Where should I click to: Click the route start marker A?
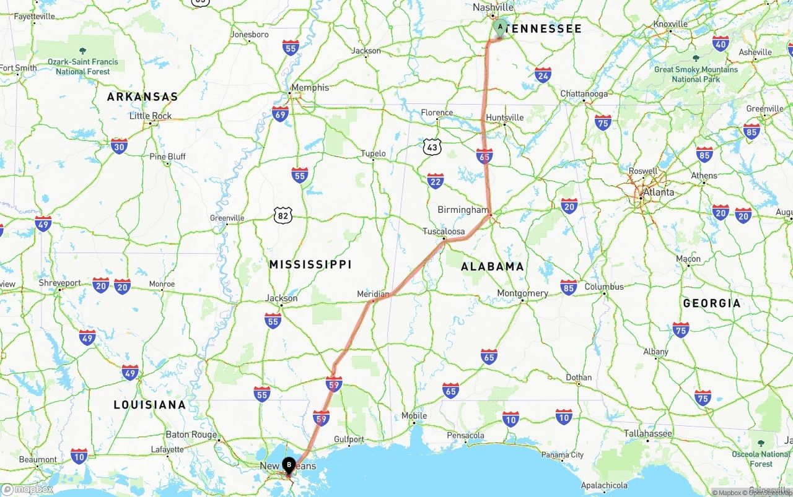click(x=501, y=27)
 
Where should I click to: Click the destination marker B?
click(x=289, y=465)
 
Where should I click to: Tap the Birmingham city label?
click(x=463, y=210)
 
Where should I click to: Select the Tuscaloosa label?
click(x=444, y=231)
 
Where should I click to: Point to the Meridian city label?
click(x=374, y=295)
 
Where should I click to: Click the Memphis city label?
click(x=310, y=88)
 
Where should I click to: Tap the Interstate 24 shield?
click(x=543, y=76)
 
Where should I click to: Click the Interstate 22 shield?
click(x=436, y=181)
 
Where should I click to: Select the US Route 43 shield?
click(x=432, y=147)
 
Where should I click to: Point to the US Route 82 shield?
click(x=283, y=215)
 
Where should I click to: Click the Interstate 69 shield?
click(x=280, y=114)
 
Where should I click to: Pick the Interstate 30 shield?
click(x=120, y=146)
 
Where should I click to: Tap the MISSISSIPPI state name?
click(x=310, y=264)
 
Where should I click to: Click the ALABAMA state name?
click(x=493, y=267)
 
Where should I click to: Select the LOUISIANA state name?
click(x=149, y=405)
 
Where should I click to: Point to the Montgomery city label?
click(x=522, y=293)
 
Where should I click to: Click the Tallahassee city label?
click(x=648, y=433)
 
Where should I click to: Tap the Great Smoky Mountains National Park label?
click(x=696, y=74)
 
